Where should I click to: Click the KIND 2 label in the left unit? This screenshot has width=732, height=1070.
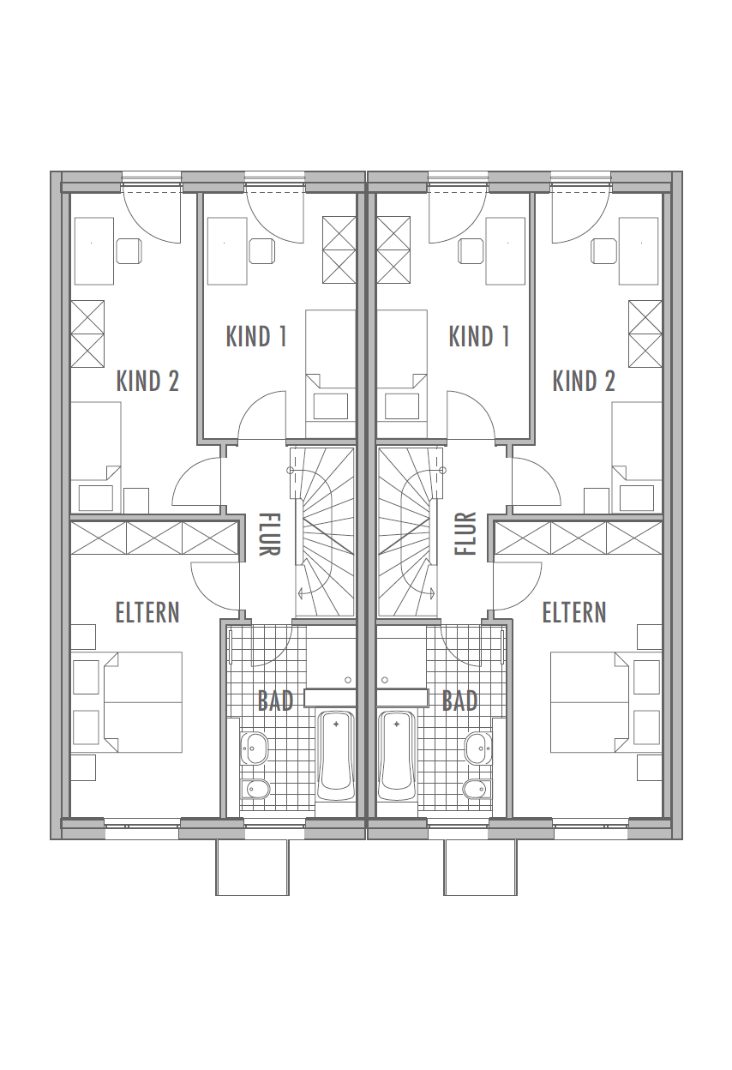(x=147, y=382)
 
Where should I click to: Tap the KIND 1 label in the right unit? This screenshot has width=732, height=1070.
(x=479, y=336)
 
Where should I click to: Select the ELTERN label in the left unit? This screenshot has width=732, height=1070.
(x=147, y=612)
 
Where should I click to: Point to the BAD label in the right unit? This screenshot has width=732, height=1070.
(x=459, y=700)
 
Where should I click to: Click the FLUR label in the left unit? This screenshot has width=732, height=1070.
(x=269, y=534)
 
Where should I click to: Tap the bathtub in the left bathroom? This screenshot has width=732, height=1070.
(x=336, y=755)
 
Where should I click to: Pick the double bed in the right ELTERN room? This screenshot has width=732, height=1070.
(x=590, y=702)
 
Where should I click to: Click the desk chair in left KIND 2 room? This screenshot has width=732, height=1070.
(x=129, y=250)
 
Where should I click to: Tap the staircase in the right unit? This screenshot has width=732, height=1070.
(x=408, y=532)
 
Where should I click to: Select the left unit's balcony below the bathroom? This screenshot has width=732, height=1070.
(x=252, y=868)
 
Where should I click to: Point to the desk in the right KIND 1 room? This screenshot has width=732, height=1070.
(x=506, y=251)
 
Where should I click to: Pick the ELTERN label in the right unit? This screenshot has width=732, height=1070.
(x=574, y=612)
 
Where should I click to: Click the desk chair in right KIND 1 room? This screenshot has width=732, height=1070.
(x=471, y=250)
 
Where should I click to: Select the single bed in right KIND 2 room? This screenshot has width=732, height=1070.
(x=637, y=458)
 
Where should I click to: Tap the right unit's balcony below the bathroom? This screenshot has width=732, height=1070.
(x=480, y=868)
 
